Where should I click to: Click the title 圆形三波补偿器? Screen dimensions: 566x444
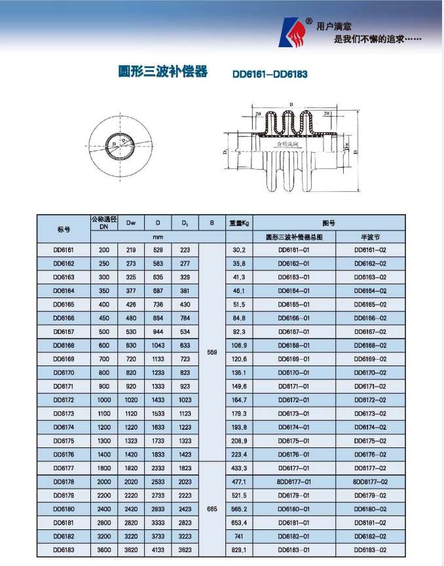pos(163,71)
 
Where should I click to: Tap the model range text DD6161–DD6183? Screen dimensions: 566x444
pos(270,74)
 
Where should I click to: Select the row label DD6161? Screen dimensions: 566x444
pos(64,250)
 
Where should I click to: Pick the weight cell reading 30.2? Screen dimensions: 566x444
pos(239,250)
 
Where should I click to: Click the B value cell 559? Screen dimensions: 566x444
pos(212,352)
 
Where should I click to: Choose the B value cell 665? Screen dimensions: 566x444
pos(212,508)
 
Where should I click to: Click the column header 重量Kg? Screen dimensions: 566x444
pos(239,223)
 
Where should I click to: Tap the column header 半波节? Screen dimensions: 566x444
pos(370,236)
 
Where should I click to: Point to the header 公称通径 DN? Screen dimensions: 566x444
pos(103,223)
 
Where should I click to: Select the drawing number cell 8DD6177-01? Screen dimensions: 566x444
pos(294,481)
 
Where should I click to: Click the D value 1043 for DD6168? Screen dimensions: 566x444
pos(158,345)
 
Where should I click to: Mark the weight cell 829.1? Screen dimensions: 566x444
pos(239,550)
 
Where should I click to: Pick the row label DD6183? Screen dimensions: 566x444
pos(64,550)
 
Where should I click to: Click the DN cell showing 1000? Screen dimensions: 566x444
pos(103,400)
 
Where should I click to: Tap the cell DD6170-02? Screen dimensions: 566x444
pos(370,372)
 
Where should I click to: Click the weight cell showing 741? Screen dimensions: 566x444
pos(239,536)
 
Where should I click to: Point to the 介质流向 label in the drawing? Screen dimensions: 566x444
pos(288,143)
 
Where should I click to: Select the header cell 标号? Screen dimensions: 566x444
pos(64,229)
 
